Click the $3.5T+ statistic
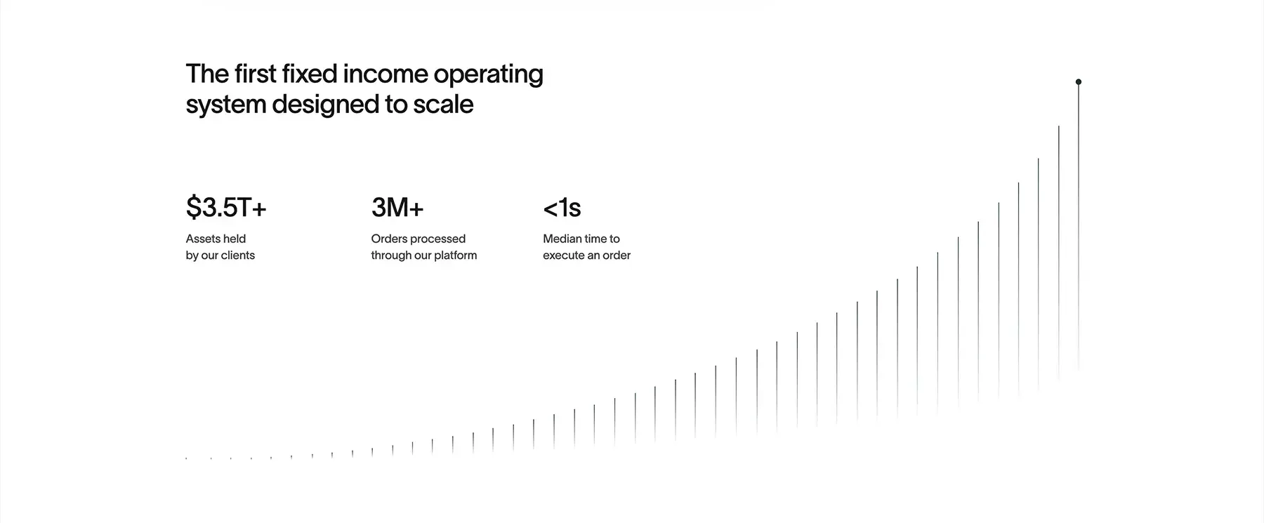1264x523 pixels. click(226, 208)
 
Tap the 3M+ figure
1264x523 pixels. click(397, 208)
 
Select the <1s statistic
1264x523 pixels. click(562, 208)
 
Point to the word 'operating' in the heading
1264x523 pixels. click(488, 75)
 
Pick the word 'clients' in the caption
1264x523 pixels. click(238, 256)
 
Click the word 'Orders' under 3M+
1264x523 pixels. click(388, 239)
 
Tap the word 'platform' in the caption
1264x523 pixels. click(454, 256)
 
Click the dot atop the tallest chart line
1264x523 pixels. click(1079, 82)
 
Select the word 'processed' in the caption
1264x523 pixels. click(437, 239)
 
